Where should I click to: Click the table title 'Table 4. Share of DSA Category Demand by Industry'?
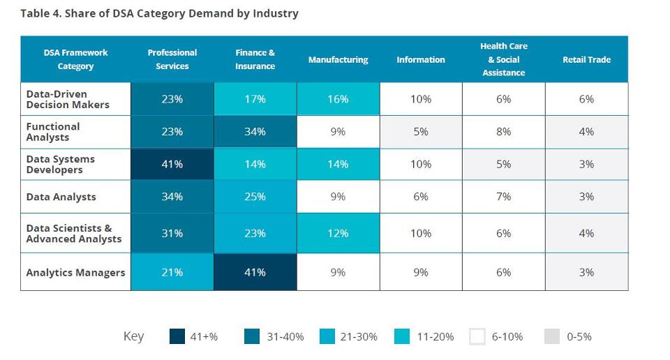[159, 13]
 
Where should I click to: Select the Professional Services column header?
[172, 59]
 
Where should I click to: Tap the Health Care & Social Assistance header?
[503, 59]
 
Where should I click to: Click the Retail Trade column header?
[586, 60]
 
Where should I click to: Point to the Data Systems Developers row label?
[61, 165]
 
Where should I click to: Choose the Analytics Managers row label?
[75, 273]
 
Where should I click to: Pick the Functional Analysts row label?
[53, 132]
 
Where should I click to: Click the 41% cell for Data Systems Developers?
[172, 165]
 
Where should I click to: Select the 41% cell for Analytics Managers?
[255, 273]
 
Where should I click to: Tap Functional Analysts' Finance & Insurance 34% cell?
[255, 132]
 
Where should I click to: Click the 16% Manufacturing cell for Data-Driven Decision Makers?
[338, 99]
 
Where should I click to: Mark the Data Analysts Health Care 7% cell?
[503, 197]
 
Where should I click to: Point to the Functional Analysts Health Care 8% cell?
[503, 132]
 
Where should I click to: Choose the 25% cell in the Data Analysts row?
[255, 197]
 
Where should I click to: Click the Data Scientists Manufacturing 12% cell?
[338, 234]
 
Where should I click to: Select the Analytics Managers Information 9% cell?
[420, 273]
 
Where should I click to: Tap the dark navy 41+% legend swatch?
[177, 336]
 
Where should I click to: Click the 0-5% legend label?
[579, 337]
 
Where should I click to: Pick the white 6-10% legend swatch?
[477, 336]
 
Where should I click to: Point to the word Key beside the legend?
[133, 336]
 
